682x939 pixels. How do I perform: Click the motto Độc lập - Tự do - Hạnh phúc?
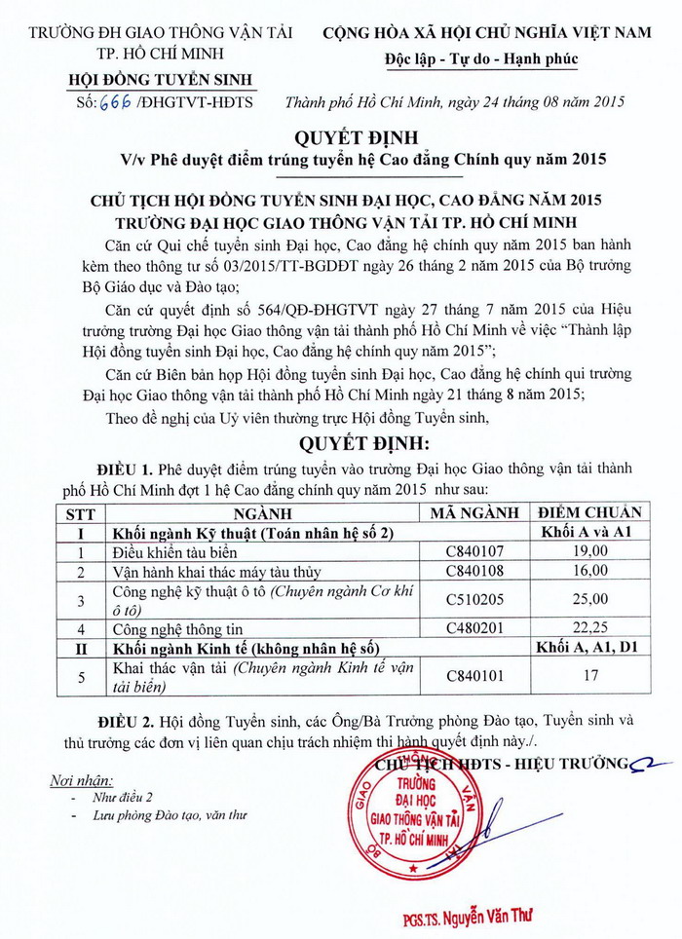[x=486, y=59]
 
